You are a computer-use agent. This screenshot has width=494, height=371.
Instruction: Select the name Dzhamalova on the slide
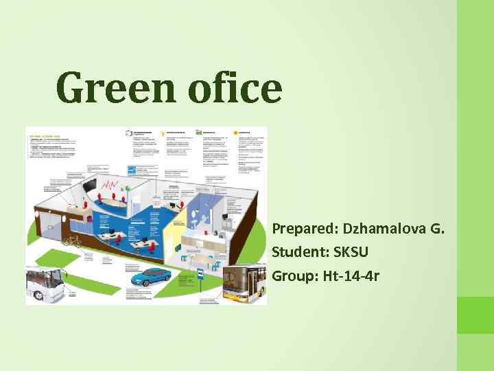[384, 227]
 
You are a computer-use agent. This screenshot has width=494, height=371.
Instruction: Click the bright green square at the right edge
[475, 315]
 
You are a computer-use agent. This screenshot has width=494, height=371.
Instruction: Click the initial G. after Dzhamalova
[437, 227]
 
